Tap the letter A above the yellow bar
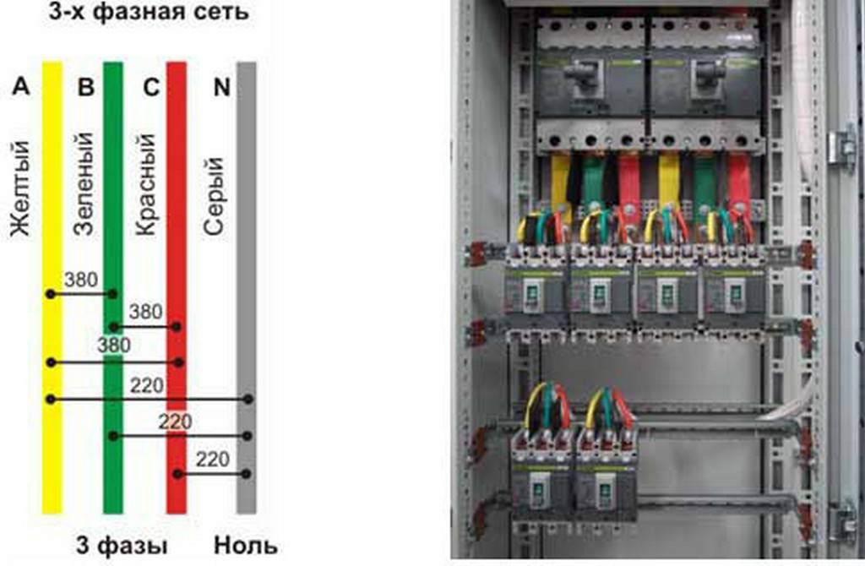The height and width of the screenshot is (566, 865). point(22,87)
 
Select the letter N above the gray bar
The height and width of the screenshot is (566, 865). point(221,87)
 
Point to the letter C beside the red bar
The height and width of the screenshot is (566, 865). point(151,87)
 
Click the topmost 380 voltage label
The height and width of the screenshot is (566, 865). point(81,280)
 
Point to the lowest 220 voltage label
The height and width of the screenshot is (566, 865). point(211,460)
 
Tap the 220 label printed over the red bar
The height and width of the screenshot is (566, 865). point(176,421)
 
